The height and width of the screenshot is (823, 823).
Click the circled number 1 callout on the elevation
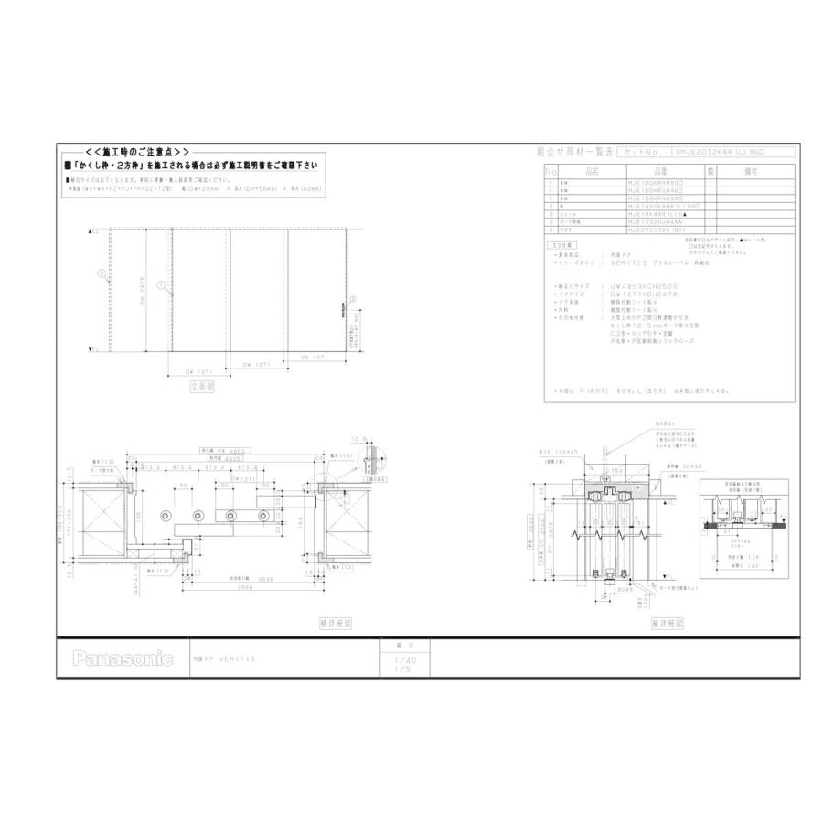pyautogui.click(x=161, y=285)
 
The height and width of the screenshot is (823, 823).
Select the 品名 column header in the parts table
pyautogui.click(x=591, y=171)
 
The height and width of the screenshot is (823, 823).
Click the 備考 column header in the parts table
pyautogui.click(x=752, y=171)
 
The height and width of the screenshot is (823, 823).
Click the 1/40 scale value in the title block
pyautogui.click(x=402, y=659)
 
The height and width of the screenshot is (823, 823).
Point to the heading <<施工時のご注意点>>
pyautogui.click(x=137, y=151)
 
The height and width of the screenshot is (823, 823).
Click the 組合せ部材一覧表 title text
pyautogui.click(x=573, y=152)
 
